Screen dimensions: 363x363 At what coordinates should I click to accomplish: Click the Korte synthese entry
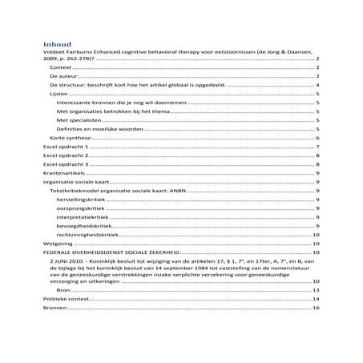click(70, 138)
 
